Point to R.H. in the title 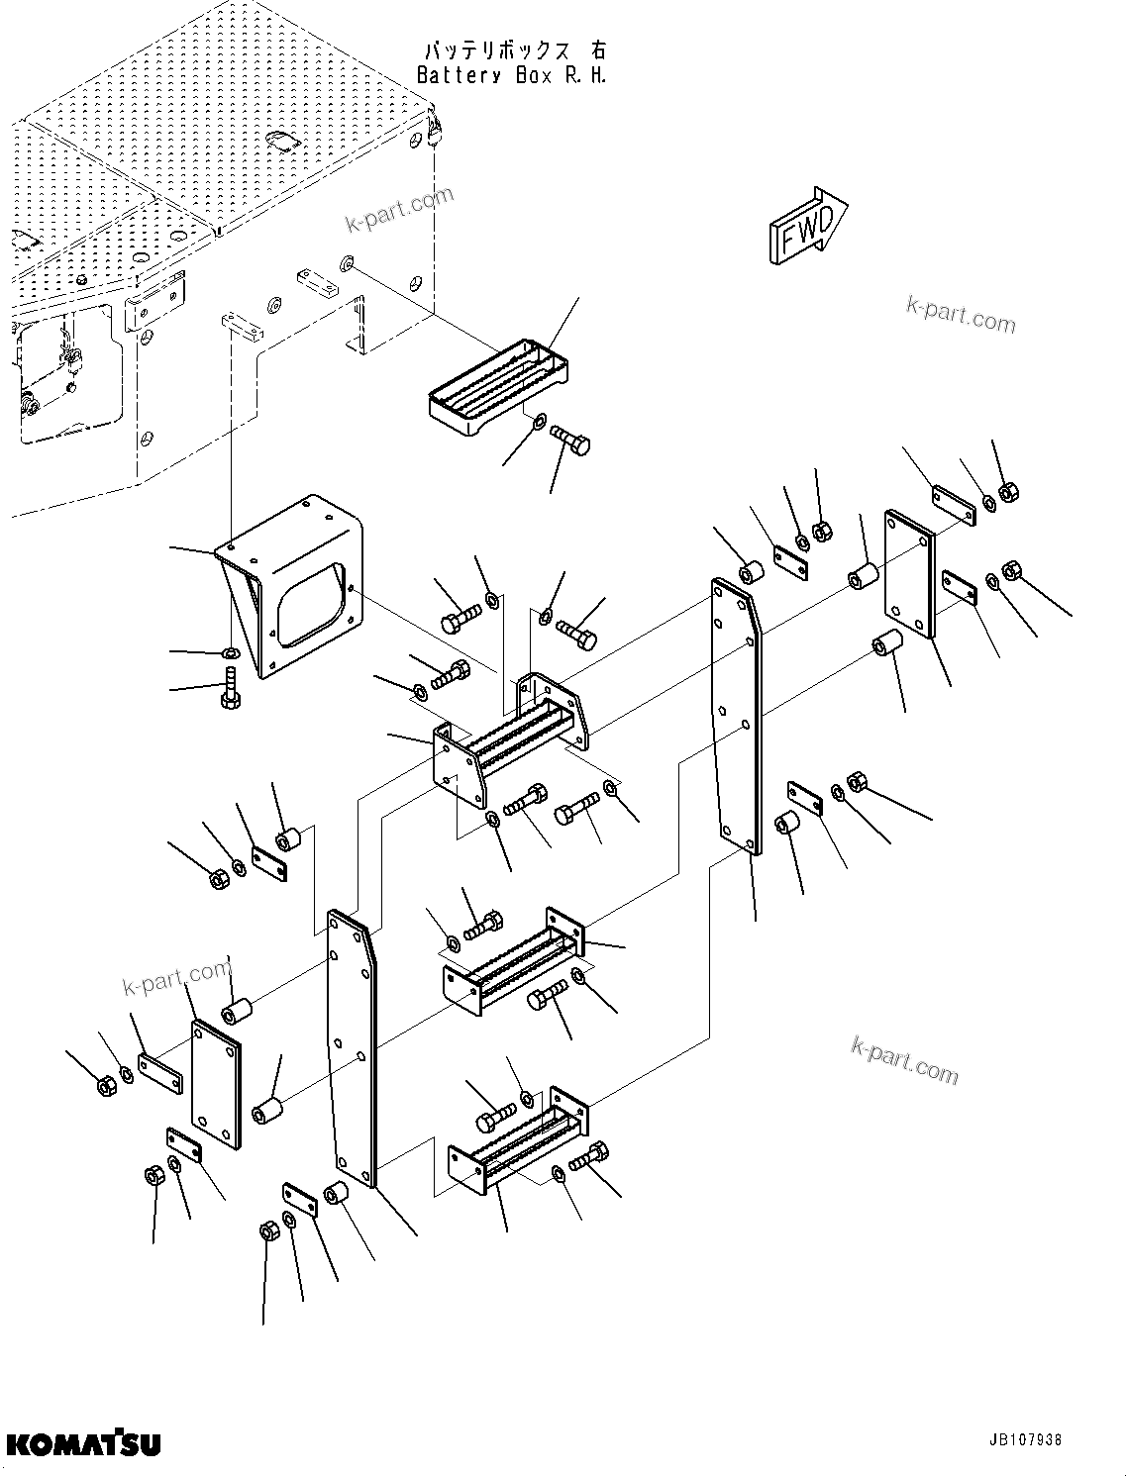click(583, 75)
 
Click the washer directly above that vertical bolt click(229, 652)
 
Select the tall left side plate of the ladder click(354, 1049)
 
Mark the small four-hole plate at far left click(216, 1086)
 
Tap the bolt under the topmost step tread click(570, 440)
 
